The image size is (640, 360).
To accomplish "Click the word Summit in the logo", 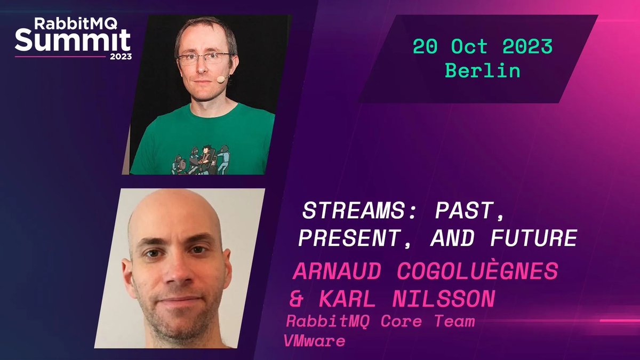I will pyautogui.click(x=73, y=41).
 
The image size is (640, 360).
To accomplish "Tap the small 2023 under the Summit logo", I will pyautogui.click(x=121, y=56).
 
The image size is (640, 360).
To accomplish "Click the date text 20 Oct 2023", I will pyautogui.click(x=483, y=47).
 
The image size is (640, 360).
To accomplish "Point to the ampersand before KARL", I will pyautogui.click(x=296, y=299).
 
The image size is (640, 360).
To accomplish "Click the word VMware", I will pyautogui.click(x=315, y=341).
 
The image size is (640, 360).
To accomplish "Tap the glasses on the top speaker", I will pyautogui.click(x=204, y=58).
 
